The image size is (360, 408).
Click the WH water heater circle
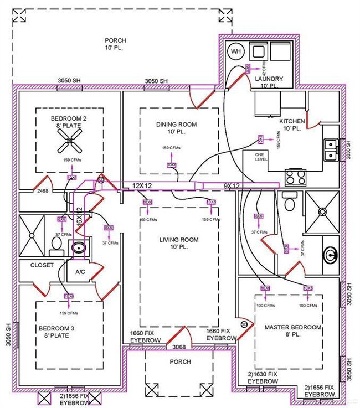pyautogui.click(x=236, y=52)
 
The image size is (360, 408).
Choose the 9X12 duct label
pyautogui.click(x=231, y=186)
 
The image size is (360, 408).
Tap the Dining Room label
pyautogui.click(x=176, y=128)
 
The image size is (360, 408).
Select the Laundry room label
pyautogui.click(x=269, y=82)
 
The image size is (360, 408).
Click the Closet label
pyautogui.click(x=42, y=265)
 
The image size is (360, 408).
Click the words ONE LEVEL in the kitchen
pyautogui.click(x=261, y=156)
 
